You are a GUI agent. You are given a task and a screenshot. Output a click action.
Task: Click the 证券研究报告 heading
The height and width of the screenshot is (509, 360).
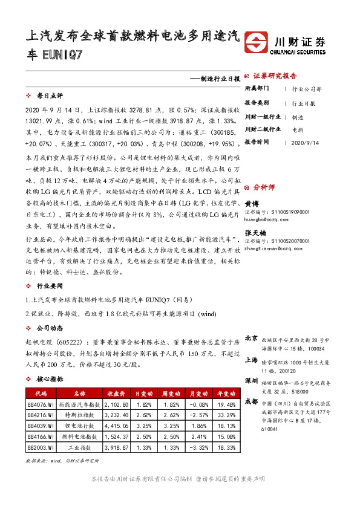point(275,76)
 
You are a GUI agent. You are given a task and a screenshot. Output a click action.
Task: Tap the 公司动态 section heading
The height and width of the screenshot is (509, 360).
point(50,329)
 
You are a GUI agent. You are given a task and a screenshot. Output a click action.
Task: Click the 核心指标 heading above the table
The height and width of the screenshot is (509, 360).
point(50,379)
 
